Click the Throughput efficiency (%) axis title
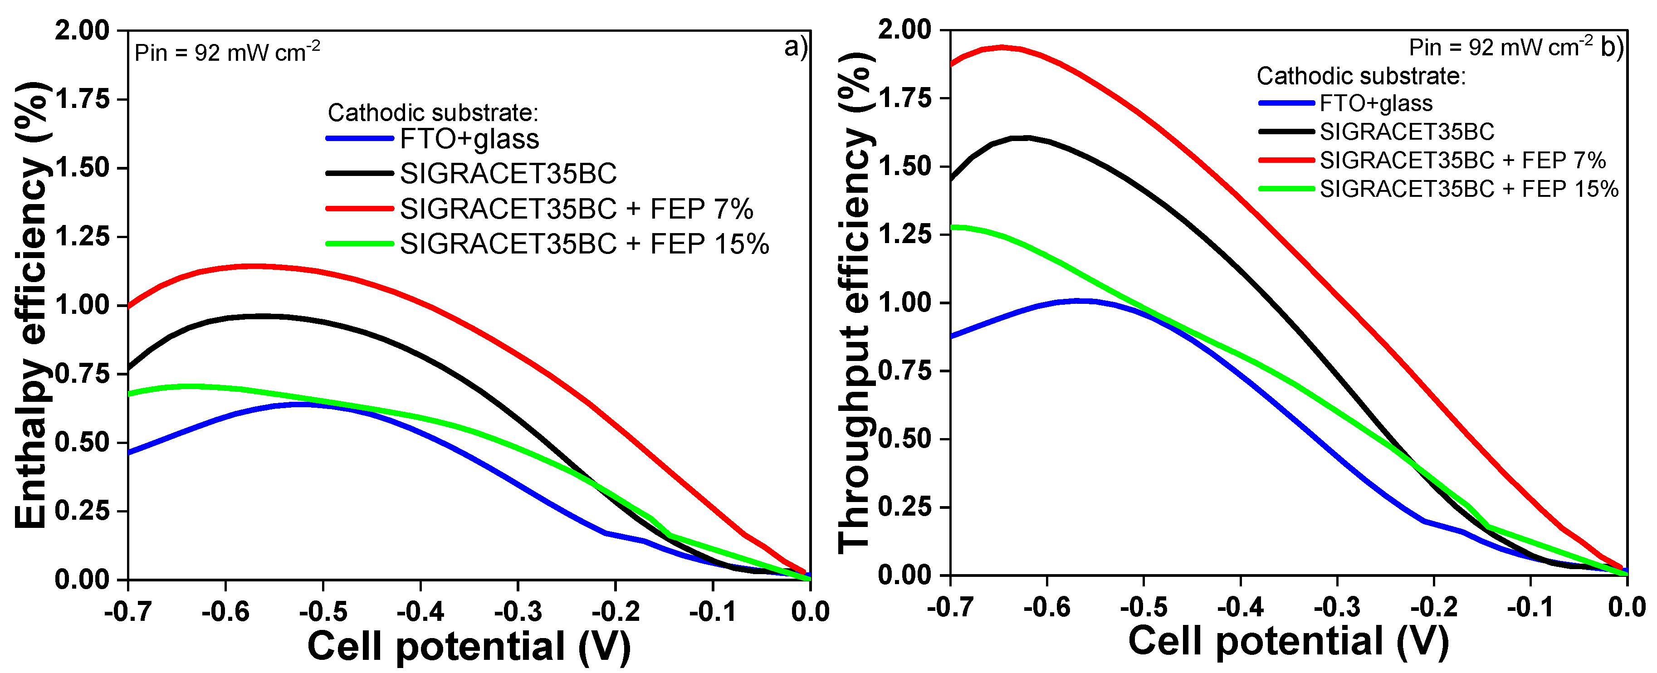856,302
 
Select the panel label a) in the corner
795,47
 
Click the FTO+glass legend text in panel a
469,139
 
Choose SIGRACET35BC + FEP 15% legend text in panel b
1468,189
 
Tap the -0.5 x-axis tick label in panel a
323,611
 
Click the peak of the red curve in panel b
1002,47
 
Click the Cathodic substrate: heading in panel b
1360,76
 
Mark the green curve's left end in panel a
130,393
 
